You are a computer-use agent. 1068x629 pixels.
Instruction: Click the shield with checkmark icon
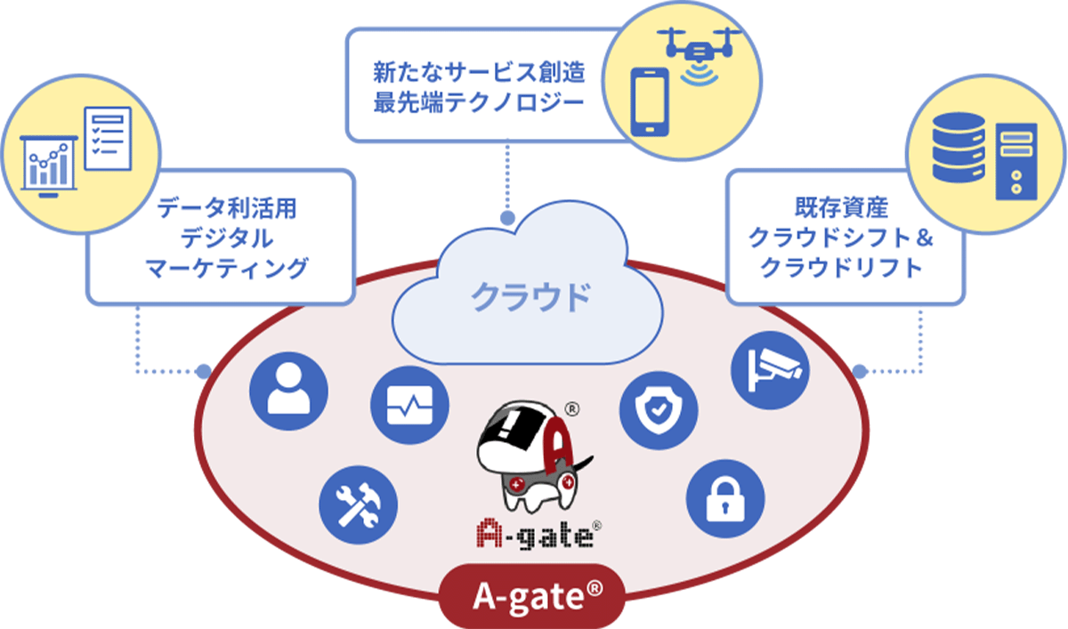[659, 410]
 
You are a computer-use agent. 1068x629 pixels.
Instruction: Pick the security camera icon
[771, 367]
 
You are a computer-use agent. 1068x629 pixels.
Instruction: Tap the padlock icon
[726, 499]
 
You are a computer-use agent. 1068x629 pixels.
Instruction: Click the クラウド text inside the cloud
[530, 296]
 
